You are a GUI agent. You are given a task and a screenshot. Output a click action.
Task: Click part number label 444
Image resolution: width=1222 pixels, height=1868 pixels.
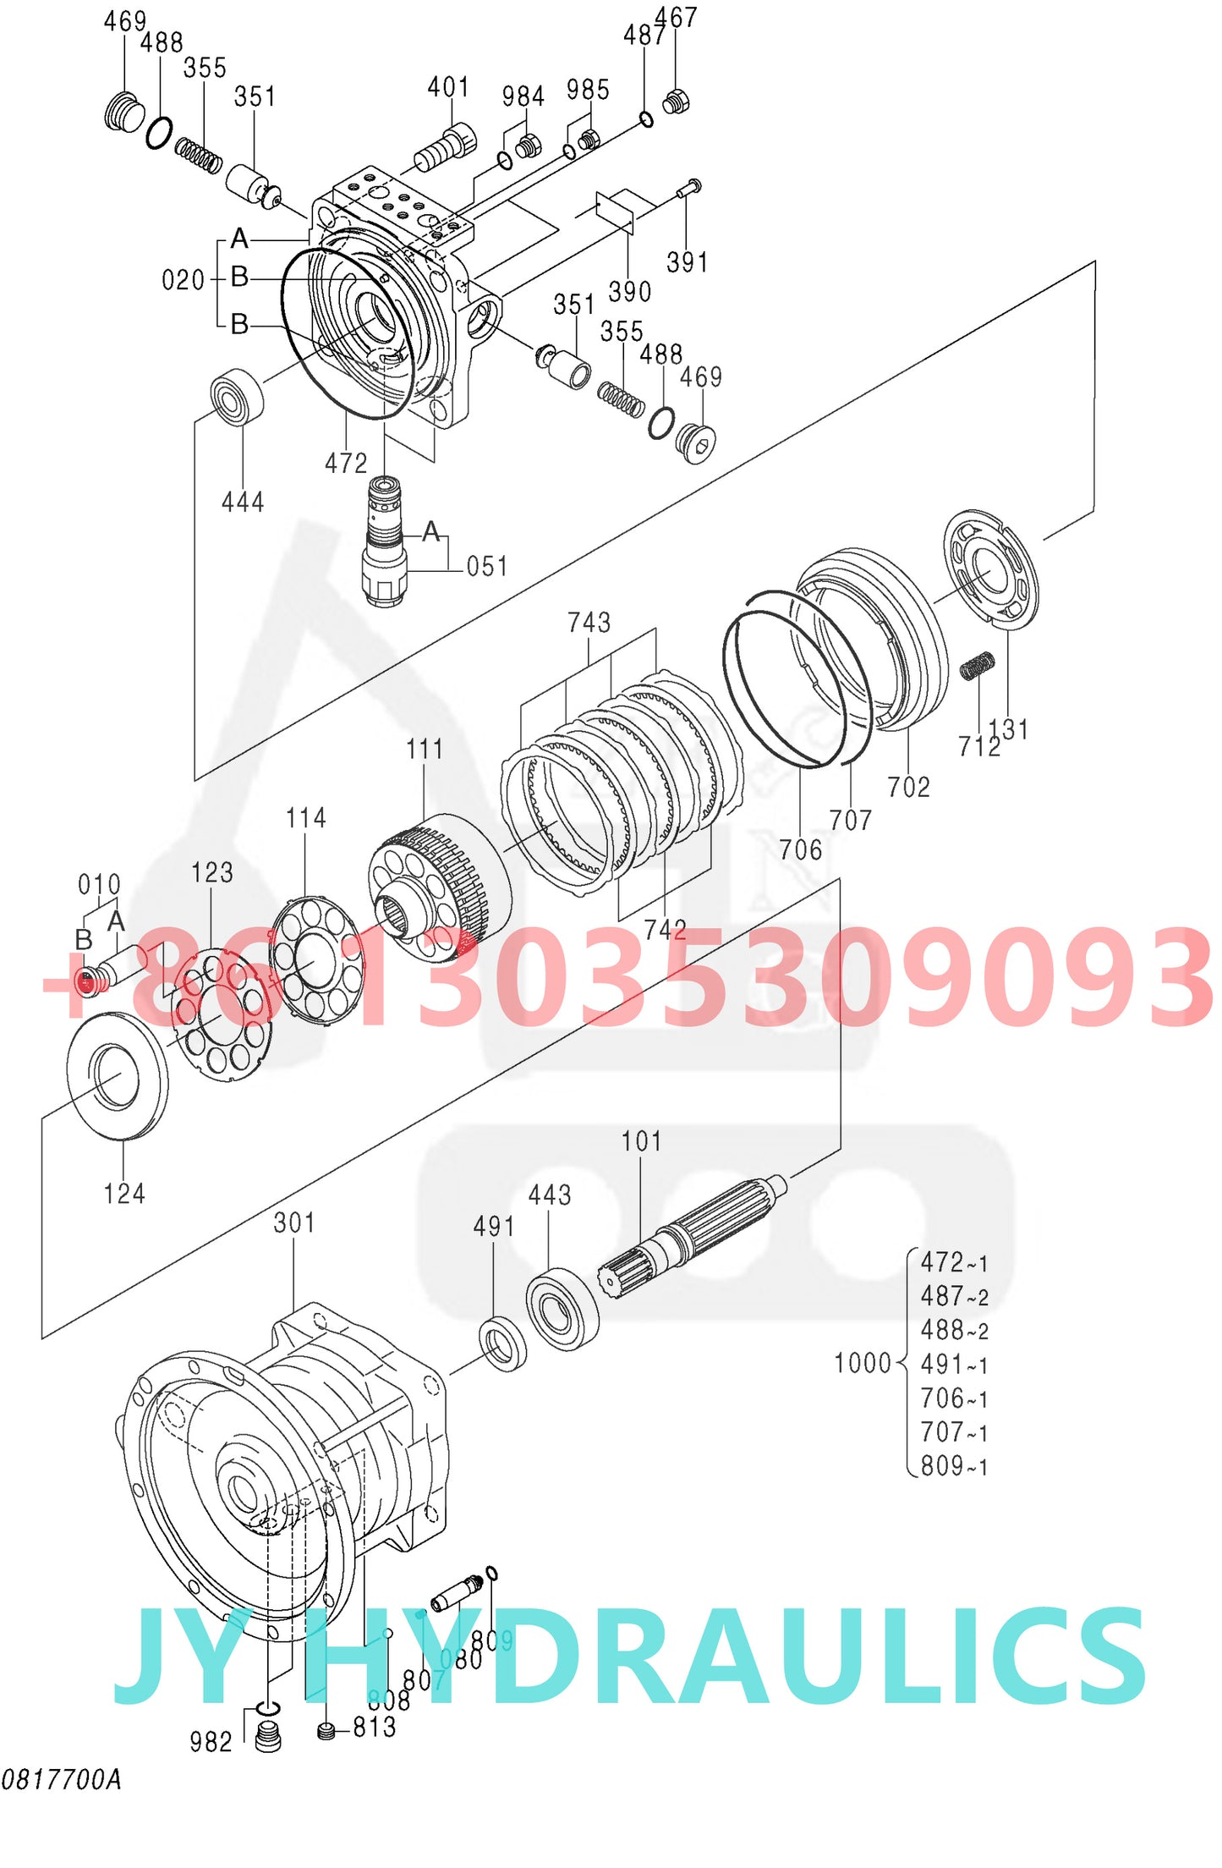243,503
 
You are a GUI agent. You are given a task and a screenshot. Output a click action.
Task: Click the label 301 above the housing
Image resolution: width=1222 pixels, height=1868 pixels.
294,1222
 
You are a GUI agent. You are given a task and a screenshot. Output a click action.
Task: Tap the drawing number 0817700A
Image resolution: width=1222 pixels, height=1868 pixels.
61,1779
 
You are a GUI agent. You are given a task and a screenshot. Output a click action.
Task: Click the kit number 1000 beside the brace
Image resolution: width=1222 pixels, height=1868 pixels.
863,1363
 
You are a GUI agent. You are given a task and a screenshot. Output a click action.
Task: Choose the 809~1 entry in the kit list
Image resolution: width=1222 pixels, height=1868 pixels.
954,1465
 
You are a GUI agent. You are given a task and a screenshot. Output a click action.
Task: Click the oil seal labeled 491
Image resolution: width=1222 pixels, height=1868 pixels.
502,1343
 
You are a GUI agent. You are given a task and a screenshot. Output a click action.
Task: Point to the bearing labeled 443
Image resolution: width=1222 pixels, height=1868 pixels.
562,1309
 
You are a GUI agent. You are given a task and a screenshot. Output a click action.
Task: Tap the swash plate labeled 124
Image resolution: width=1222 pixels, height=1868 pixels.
117,1075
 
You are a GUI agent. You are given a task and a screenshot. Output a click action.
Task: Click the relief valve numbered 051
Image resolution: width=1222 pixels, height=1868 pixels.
385,541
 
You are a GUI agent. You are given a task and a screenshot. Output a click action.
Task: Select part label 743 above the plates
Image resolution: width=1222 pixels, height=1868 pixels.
589,623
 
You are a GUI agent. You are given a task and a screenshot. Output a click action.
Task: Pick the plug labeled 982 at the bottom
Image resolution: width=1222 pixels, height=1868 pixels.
268,1738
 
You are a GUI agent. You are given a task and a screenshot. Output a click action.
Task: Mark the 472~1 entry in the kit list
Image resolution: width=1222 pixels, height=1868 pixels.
954,1262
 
